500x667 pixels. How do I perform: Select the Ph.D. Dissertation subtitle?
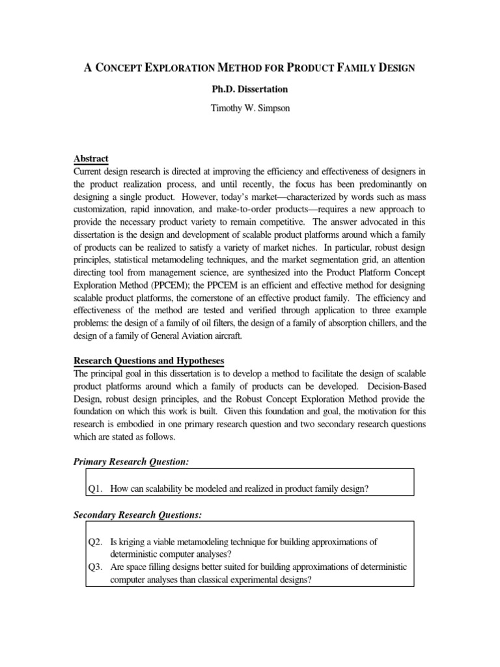click(x=250, y=89)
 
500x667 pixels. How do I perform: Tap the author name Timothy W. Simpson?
click(x=250, y=109)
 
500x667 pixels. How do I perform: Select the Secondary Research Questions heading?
click(x=137, y=515)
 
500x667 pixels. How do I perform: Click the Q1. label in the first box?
click(x=97, y=489)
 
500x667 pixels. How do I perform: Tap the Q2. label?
click(x=97, y=542)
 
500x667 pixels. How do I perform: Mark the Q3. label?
click(x=97, y=567)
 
